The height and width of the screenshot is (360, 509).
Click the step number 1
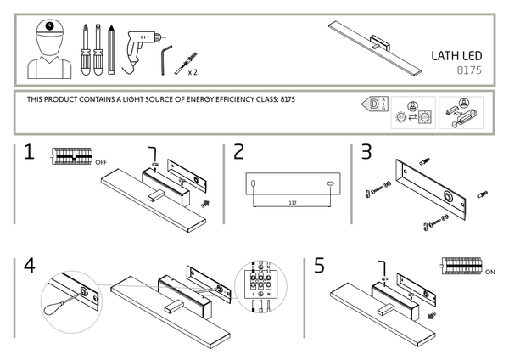(28, 153)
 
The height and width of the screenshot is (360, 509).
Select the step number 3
(366, 153)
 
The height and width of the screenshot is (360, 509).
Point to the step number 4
(30, 265)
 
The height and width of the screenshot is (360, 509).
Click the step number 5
(319, 265)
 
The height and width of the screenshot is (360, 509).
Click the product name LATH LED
(456, 57)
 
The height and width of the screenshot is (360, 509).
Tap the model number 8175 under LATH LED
(469, 71)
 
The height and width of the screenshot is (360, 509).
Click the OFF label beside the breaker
(102, 160)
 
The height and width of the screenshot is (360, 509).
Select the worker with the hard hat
(51, 49)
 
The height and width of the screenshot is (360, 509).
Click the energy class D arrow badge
(372, 105)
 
